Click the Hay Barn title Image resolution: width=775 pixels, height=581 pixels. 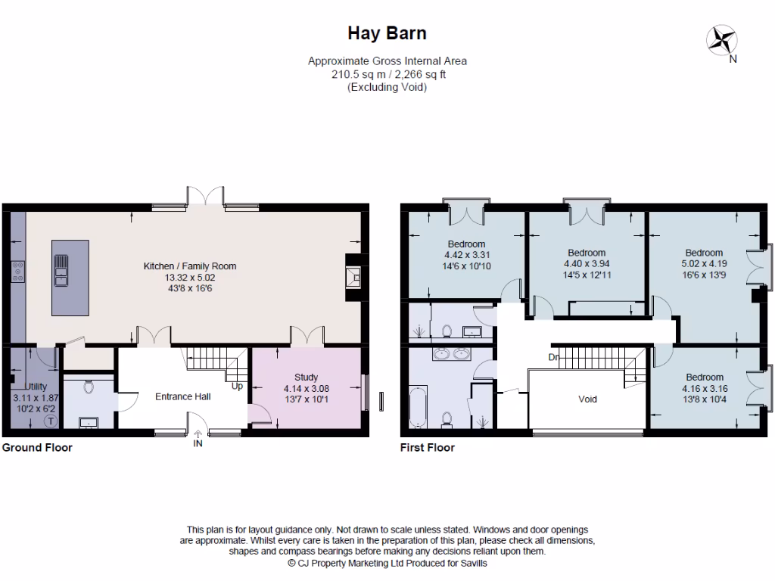coord(387,33)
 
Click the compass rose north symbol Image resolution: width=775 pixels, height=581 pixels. coord(722,39)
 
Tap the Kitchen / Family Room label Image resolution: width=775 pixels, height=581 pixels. coord(190,266)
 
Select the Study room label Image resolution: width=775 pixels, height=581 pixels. coord(306,377)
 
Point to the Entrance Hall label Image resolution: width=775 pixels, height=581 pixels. coord(182,396)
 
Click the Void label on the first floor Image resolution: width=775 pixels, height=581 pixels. coord(587,399)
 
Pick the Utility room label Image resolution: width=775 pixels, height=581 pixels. coord(35,387)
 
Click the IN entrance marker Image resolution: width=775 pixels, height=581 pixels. coord(198,443)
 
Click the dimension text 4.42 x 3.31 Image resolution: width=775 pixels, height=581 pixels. coord(466,255)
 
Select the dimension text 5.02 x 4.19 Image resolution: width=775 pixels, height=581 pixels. coord(704,264)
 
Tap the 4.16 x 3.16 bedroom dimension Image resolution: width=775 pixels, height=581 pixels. coord(704,388)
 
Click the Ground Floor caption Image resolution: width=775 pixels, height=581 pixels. coord(37,448)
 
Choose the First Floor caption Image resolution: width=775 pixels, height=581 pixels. coord(428,448)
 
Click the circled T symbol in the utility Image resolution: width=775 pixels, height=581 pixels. coord(51,421)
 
